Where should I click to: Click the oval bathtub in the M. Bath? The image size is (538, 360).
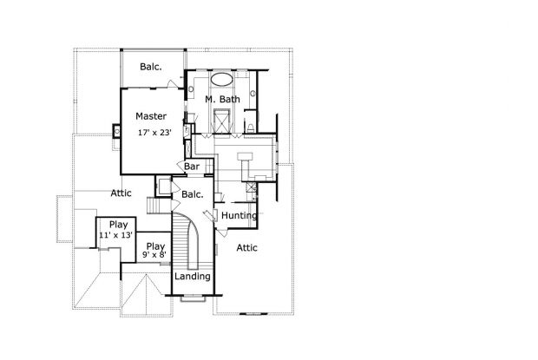[x=221, y=79]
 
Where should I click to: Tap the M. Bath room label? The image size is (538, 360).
[x=222, y=100]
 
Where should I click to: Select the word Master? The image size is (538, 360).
[x=151, y=116]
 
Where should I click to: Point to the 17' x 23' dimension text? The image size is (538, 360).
[x=154, y=133]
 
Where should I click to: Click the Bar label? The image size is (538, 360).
[x=192, y=167]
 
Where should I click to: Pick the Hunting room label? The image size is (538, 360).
[x=239, y=216]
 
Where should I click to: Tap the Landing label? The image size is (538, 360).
[x=193, y=276]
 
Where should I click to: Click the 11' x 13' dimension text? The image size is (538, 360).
[x=116, y=235]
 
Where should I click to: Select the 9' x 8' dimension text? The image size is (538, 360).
[x=154, y=255]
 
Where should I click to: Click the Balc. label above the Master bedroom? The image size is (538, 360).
[x=151, y=67]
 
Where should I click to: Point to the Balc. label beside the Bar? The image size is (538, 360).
[x=193, y=194]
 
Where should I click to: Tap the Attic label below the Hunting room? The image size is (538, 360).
[x=246, y=247]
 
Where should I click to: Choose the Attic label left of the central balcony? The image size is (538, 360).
[x=121, y=193]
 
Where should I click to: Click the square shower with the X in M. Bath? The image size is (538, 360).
[x=221, y=121]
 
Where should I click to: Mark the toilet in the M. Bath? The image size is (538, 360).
[x=250, y=128]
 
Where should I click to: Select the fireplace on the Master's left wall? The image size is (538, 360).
[x=116, y=131]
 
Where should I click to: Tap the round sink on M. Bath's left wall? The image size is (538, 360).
[x=191, y=89]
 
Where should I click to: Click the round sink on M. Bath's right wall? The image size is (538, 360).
[x=253, y=93]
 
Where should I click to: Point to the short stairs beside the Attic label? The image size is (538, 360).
[x=159, y=206]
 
